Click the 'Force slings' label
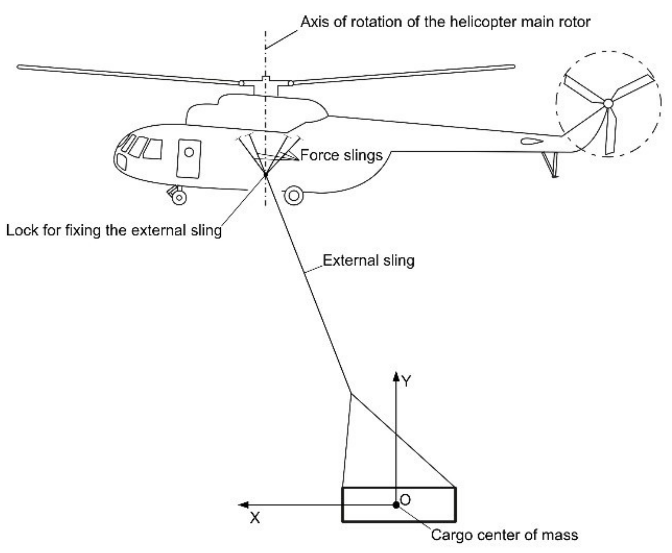[x=341, y=155]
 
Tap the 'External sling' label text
[x=369, y=260]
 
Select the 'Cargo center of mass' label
[x=504, y=535]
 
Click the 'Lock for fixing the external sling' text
[x=114, y=231]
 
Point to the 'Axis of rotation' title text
[x=445, y=22]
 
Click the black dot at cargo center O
[x=396, y=505]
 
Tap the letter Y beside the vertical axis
[x=406, y=381]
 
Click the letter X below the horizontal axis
[x=255, y=518]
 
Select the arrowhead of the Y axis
[x=396, y=376]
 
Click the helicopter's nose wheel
[x=179, y=197]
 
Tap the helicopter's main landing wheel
[x=294, y=196]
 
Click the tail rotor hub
[x=608, y=103]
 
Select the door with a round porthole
[x=188, y=159]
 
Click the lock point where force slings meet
[x=266, y=175]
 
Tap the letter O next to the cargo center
[x=405, y=499]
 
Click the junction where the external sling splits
[x=351, y=394]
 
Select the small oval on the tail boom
[x=531, y=141]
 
